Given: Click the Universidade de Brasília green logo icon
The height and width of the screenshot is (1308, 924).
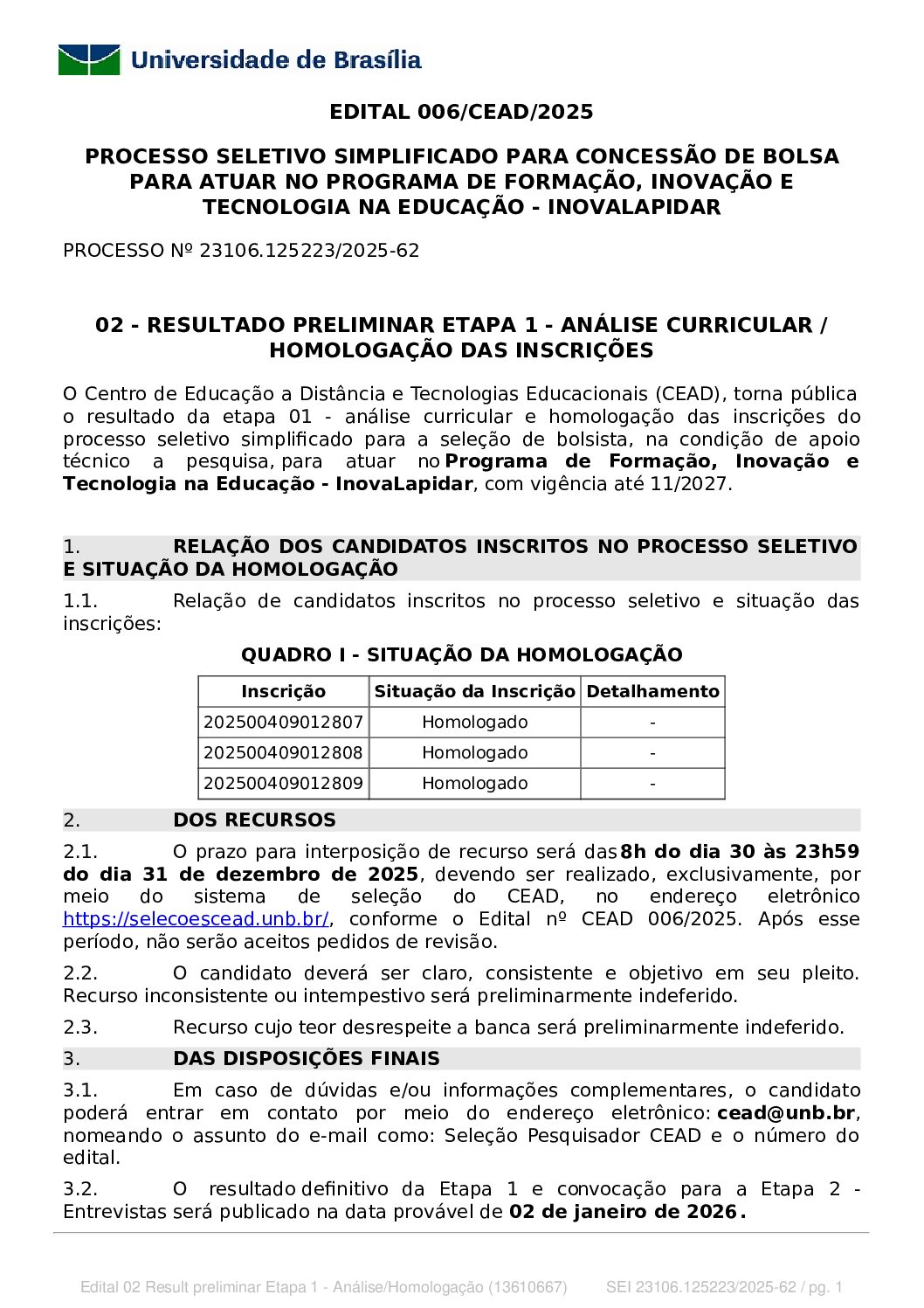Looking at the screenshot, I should (89, 59).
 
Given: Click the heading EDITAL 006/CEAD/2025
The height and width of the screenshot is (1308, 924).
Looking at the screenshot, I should (461, 112).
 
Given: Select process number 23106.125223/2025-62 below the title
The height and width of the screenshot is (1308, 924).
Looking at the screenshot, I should (309, 251).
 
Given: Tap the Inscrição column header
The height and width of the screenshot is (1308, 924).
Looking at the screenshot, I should (283, 692).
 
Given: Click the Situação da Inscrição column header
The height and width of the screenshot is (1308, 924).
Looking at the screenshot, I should (474, 692).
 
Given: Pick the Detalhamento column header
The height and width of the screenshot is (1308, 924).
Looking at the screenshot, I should (652, 692).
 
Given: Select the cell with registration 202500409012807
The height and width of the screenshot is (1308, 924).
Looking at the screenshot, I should (283, 723).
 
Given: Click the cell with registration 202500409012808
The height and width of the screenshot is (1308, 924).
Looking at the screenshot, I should (283, 753).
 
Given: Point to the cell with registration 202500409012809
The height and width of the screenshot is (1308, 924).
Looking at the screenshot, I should (283, 784).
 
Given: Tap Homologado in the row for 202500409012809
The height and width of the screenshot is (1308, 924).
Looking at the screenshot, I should (474, 784).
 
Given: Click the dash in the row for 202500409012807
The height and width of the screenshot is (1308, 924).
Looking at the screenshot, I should (652, 723).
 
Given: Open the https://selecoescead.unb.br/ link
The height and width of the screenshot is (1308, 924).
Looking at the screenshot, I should (196, 919).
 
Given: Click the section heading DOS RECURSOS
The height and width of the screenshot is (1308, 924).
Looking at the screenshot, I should (254, 820).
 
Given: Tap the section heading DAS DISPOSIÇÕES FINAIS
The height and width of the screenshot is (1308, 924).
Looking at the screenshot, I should (306, 1059).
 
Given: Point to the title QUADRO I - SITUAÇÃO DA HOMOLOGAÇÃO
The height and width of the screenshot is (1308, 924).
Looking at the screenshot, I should (461, 655).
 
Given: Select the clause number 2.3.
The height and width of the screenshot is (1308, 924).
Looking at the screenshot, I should (79, 1028).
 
